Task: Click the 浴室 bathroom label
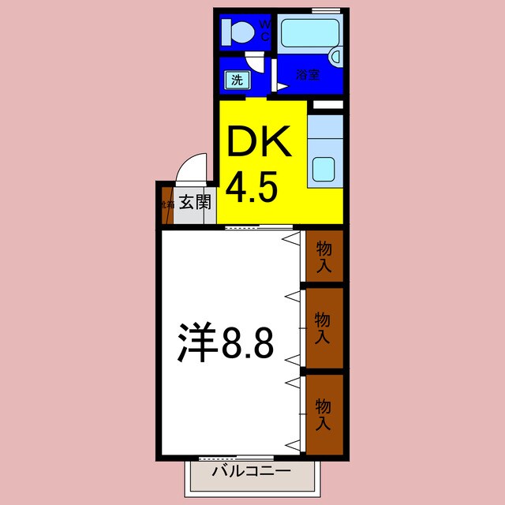pyautogui.click(x=309, y=75)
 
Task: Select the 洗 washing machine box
pyautogui.click(x=235, y=79)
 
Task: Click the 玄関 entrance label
pyautogui.click(x=194, y=202)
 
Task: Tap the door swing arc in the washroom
pyautogui.click(x=252, y=62)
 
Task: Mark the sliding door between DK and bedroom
pyautogui.click(x=253, y=227)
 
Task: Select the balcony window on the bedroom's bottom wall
pyautogui.click(x=236, y=458)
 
